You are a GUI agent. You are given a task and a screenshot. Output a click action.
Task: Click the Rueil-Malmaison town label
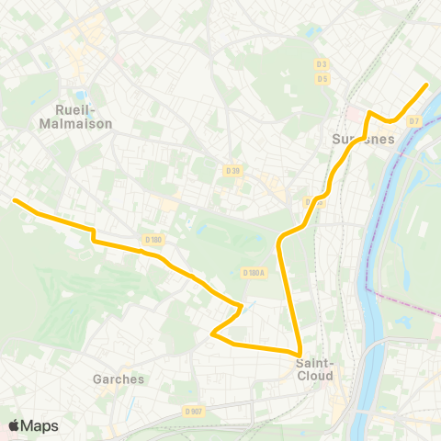pos(77,116)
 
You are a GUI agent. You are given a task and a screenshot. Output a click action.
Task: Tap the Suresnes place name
pos(362,140)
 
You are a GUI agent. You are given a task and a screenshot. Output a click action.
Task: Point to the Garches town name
pos(119,379)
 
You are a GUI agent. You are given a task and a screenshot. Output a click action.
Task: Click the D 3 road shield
pos(322,64)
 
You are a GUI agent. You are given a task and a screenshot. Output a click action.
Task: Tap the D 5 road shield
pos(322,78)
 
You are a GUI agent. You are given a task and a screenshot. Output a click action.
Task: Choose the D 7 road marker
pos(414,120)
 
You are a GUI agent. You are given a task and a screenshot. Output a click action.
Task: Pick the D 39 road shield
pos(232,170)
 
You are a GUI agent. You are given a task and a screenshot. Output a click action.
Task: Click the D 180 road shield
pos(153,240)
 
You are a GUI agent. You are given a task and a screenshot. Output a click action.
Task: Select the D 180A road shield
pos(254,272)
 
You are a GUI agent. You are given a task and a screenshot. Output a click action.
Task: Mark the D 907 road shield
pos(192,411)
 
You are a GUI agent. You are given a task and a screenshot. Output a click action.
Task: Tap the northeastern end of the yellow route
pos(426,85)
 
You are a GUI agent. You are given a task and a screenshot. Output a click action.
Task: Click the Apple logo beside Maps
pos(14,425)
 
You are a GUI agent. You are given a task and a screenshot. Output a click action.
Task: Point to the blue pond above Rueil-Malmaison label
pos(80,95)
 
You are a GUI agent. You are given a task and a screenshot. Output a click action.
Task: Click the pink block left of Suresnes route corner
pos(354,114)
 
